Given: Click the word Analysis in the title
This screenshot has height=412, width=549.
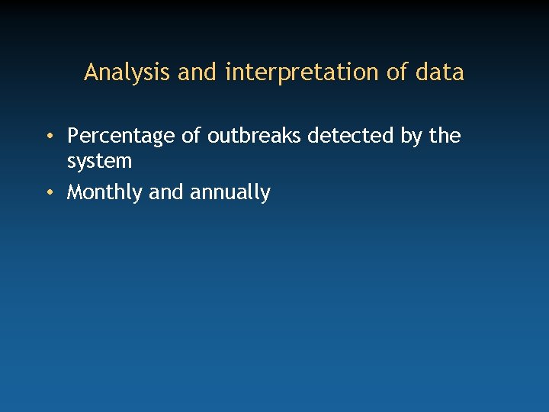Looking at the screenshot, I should [x=127, y=72].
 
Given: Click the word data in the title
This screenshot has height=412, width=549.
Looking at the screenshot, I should [x=441, y=72].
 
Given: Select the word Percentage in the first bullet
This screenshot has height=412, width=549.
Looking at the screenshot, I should [x=120, y=137].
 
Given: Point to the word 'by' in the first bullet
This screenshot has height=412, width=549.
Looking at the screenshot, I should [x=412, y=137].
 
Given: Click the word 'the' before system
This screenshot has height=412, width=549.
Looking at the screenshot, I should [x=445, y=136].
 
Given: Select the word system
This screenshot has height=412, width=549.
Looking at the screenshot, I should [x=99, y=162].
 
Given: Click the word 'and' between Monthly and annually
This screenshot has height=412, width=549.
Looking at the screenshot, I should [x=166, y=192].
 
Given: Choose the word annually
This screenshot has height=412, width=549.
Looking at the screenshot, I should [x=230, y=193].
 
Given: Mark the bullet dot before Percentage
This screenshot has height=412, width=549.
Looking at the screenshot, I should [x=48, y=137].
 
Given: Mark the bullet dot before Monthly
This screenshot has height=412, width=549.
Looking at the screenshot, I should [x=48, y=192].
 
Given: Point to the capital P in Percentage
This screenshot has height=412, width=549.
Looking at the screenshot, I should [x=73, y=136].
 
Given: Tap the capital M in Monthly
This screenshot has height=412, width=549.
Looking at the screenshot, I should [x=75, y=192].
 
